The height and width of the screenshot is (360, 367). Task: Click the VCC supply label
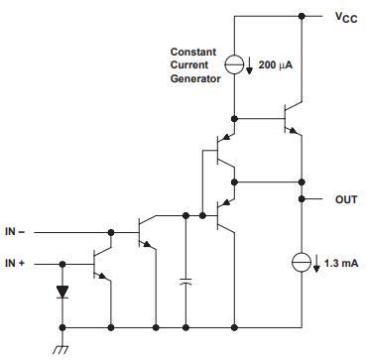[x=346, y=18]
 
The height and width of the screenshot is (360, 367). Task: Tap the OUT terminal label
[x=346, y=199]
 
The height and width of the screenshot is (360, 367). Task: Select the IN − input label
[x=15, y=232]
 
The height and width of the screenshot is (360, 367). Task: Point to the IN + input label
[x=15, y=264]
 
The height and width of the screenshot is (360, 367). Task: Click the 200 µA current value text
[x=276, y=65]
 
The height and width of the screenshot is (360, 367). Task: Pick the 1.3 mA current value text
[x=341, y=264]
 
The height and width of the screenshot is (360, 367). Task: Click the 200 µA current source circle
[x=234, y=64]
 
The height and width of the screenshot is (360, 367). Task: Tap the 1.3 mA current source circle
[x=302, y=263]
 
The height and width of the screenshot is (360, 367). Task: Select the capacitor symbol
[x=185, y=282]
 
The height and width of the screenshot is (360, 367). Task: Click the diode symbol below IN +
[x=61, y=292]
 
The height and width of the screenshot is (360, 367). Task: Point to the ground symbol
[x=62, y=348]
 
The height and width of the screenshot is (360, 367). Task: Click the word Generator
[x=195, y=79]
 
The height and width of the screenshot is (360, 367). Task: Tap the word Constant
[x=193, y=52]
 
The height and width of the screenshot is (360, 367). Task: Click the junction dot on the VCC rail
[x=302, y=16]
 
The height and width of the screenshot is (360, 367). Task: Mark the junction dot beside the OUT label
[x=302, y=199]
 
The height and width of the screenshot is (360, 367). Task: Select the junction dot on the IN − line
[x=111, y=232]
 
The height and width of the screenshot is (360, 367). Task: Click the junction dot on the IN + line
[x=61, y=264]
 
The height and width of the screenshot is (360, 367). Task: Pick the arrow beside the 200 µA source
[x=250, y=65]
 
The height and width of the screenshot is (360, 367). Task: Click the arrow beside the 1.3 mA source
[x=316, y=264]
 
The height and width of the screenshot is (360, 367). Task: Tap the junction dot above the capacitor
[x=185, y=215]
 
